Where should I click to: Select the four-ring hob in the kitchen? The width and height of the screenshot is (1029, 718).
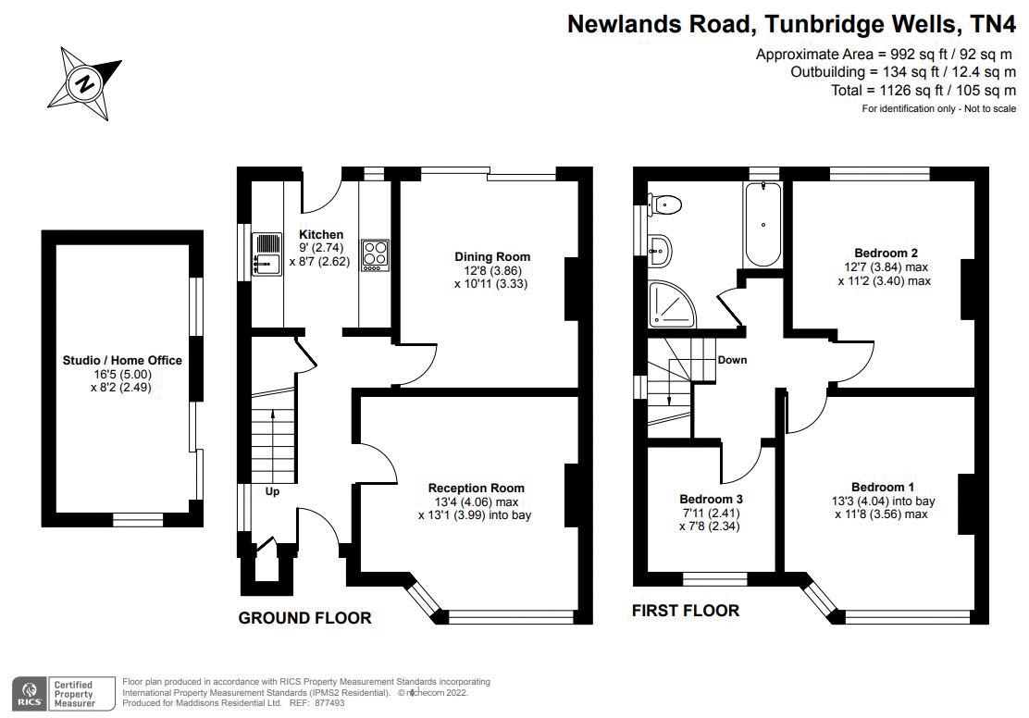point(375,254)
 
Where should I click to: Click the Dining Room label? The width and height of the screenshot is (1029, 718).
point(492,256)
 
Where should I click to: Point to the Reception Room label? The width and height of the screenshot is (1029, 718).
point(476,488)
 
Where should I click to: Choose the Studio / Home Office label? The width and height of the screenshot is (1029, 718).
point(122,360)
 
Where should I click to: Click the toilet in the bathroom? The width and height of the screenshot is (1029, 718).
point(665,204)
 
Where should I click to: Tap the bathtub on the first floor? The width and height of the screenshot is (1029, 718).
point(763,225)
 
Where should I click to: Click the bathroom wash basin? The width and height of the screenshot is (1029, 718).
point(661,246)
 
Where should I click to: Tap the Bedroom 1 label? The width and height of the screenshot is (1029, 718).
point(883,487)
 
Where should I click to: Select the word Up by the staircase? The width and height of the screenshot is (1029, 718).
point(272,491)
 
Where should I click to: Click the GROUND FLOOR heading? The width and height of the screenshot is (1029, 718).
point(304,618)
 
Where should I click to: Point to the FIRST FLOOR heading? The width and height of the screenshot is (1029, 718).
point(686,610)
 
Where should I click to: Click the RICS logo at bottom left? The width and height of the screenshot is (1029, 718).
point(29,690)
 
